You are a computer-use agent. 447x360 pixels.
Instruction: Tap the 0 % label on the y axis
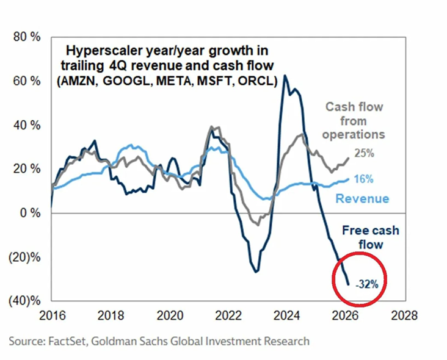pos(31,213)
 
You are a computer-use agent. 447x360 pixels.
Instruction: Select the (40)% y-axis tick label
pos(24,301)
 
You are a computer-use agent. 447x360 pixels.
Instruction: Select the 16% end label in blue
pos(363,179)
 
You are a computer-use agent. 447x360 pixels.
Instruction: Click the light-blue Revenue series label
pos(363,199)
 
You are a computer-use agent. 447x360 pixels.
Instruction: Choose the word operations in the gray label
pos(355,134)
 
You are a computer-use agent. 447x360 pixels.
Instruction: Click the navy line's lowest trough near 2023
pos(256,272)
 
